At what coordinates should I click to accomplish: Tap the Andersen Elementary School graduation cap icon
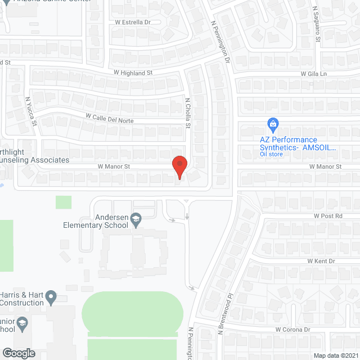pyautogui.click(x=136, y=218)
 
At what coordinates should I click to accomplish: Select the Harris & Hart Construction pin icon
pyautogui.click(x=51, y=296)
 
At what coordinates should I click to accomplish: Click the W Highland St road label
pyautogui.click(x=133, y=73)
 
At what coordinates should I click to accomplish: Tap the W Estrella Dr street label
pyautogui.click(x=133, y=23)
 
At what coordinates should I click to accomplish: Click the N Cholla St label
pyautogui.click(x=188, y=113)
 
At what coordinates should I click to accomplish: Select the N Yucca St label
pyautogui.click(x=30, y=111)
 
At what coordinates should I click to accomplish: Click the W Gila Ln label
pyautogui.click(x=313, y=74)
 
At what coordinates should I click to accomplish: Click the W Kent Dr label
pyautogui.click(x=321, y=261)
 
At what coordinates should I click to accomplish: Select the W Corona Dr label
pyautogui.click(x=292, y=330)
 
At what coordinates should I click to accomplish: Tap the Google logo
pyautogui.click(x=18, y=353)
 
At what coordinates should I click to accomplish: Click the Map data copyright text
pyautogui.click(x=335, y=355)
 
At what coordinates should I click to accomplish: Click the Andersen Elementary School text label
pyautogui.click(x=95, y=222)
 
